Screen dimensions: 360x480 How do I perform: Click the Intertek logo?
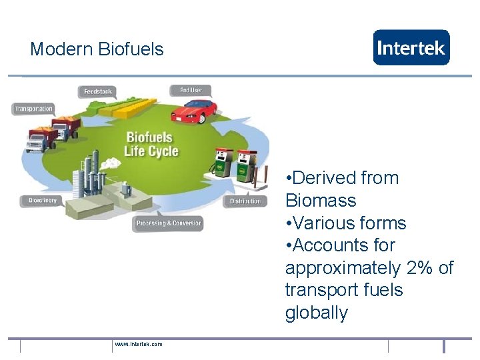(x=411, y=47)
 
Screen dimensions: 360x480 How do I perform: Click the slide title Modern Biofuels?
(x=97, y=49)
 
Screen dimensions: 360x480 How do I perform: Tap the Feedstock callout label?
(x=97, y=92)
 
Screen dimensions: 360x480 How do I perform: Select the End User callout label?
(x=190, y=90)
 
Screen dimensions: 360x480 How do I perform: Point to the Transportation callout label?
(x=33, y=109)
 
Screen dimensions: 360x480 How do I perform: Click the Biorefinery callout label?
(x=42, y=201)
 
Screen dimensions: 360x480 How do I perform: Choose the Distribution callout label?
(x=245, y=201)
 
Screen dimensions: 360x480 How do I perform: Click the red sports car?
(x=194, y=111)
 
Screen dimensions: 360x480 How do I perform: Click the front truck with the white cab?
(x=40, y=139)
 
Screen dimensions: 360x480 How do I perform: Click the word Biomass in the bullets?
(x=321, y=201)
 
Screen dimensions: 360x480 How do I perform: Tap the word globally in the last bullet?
(x=316, y=313)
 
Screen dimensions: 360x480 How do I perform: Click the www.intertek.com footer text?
(x=138, y=344)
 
